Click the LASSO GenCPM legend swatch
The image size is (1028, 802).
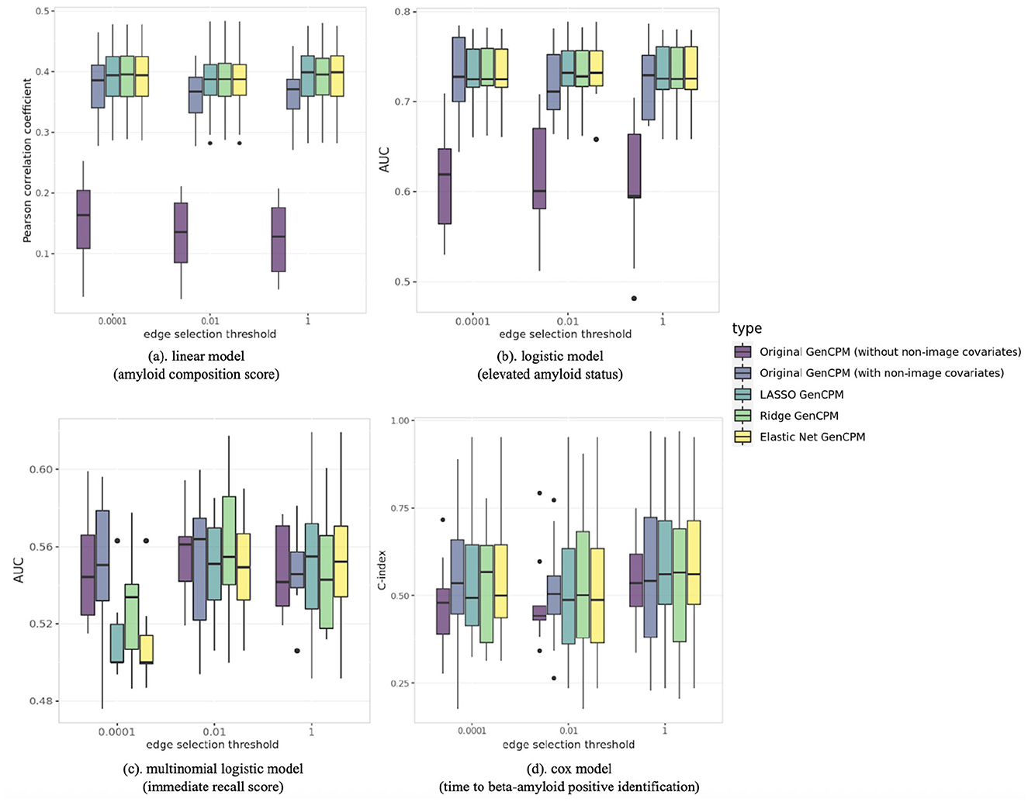click(742, 395)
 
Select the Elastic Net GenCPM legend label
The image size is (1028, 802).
click(812, 437)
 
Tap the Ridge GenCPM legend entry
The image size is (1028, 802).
click(798, 416)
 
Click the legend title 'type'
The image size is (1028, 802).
click(747, 328)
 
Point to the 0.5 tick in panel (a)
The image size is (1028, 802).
click(43, 12)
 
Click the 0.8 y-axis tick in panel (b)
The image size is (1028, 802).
click(402, 12)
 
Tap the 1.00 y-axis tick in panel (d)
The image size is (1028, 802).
click(400, 420)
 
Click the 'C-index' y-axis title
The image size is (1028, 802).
click(382, 570)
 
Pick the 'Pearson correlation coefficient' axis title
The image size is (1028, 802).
click(28, 160)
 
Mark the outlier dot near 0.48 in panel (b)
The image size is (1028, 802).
click(634, 299)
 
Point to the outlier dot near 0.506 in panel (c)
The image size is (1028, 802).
click(297, 651)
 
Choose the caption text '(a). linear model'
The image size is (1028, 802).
click(196, 356)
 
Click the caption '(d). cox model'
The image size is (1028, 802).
click(569, 769)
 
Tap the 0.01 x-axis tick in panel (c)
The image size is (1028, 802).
click(214, 731)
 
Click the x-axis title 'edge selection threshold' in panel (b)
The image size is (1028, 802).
click(565, 334)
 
